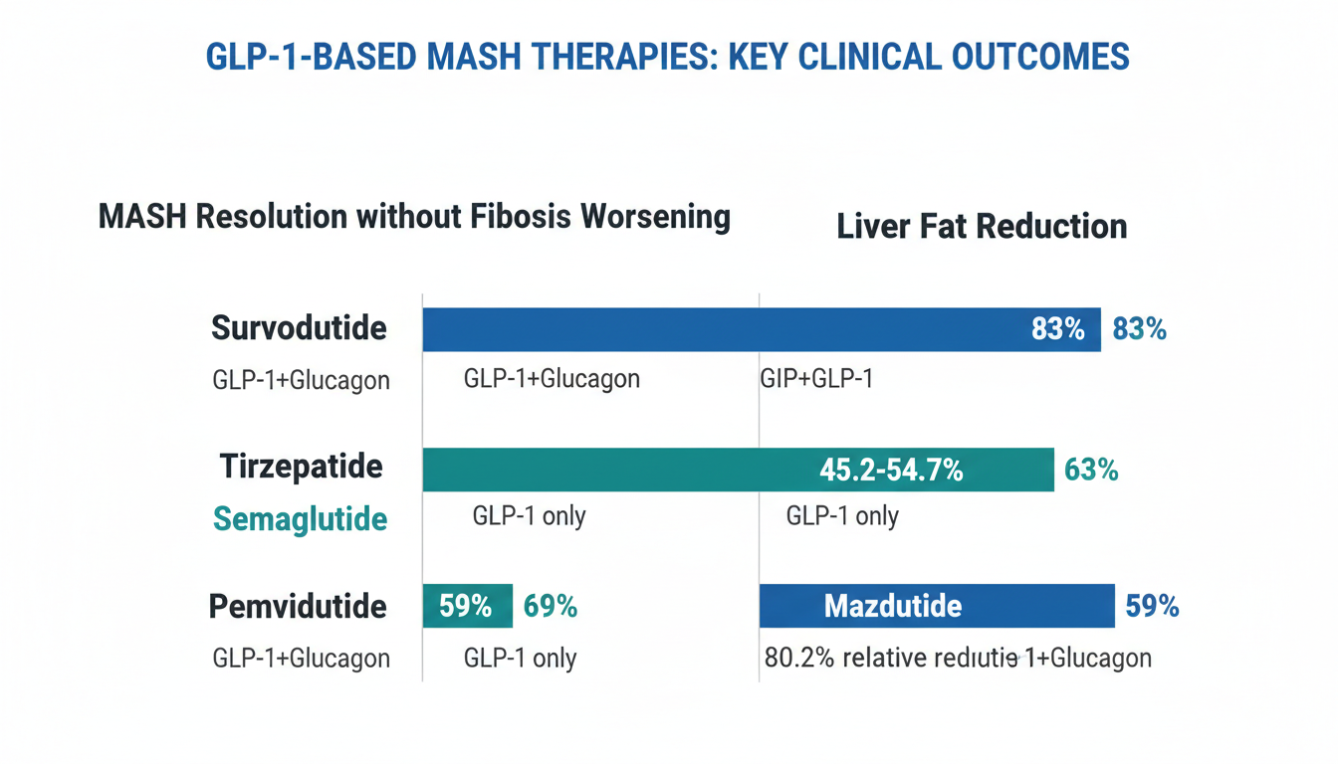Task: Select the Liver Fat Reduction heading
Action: pos(982,226)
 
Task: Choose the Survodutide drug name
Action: pos(299,328)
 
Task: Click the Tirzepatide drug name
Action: pos(301,467)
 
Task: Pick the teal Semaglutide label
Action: pos(299,518)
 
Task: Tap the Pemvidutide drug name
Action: pos(297,606)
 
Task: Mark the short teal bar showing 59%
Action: pos(467,606)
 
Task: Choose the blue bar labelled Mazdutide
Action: pos(936,606)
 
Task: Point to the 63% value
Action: pos(1091,469)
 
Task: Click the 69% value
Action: pos(551,606)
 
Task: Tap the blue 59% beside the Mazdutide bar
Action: pos(1152,606)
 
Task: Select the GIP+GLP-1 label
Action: pos(816,379)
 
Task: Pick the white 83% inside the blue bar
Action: pos(1057,329)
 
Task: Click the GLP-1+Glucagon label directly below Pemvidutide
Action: pos(301,658)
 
